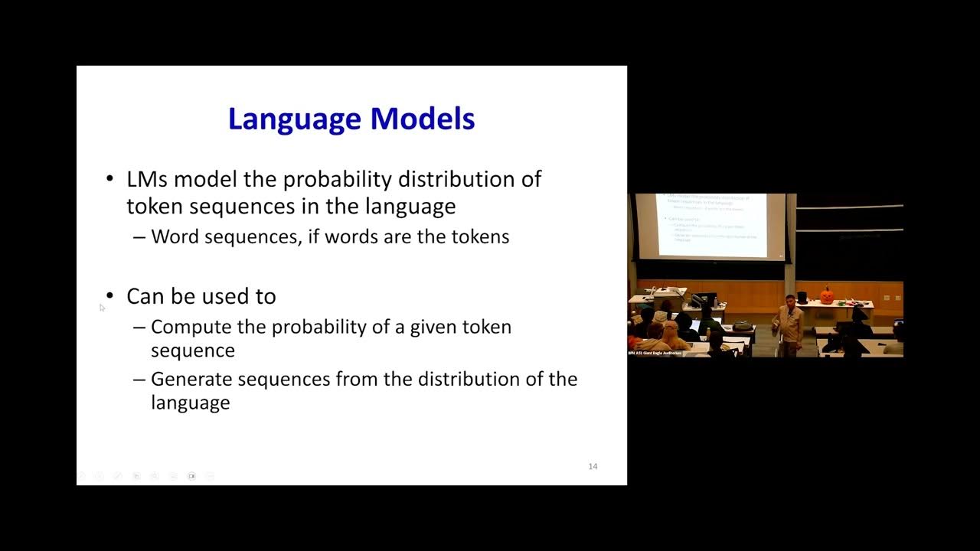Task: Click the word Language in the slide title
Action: click(296, 119)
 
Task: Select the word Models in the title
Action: click(423, 119)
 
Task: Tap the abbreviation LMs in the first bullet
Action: click(148, 179)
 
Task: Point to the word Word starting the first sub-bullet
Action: click(170, 236)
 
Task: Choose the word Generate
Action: click(193, 380)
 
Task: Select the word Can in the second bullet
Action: click(144, 296)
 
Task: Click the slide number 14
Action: click(593, 466)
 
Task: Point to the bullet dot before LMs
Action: click(109, 179)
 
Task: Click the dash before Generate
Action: click(139, 380)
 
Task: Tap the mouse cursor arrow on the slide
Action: click(102, 307)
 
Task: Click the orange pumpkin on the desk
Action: click(827, 295)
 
